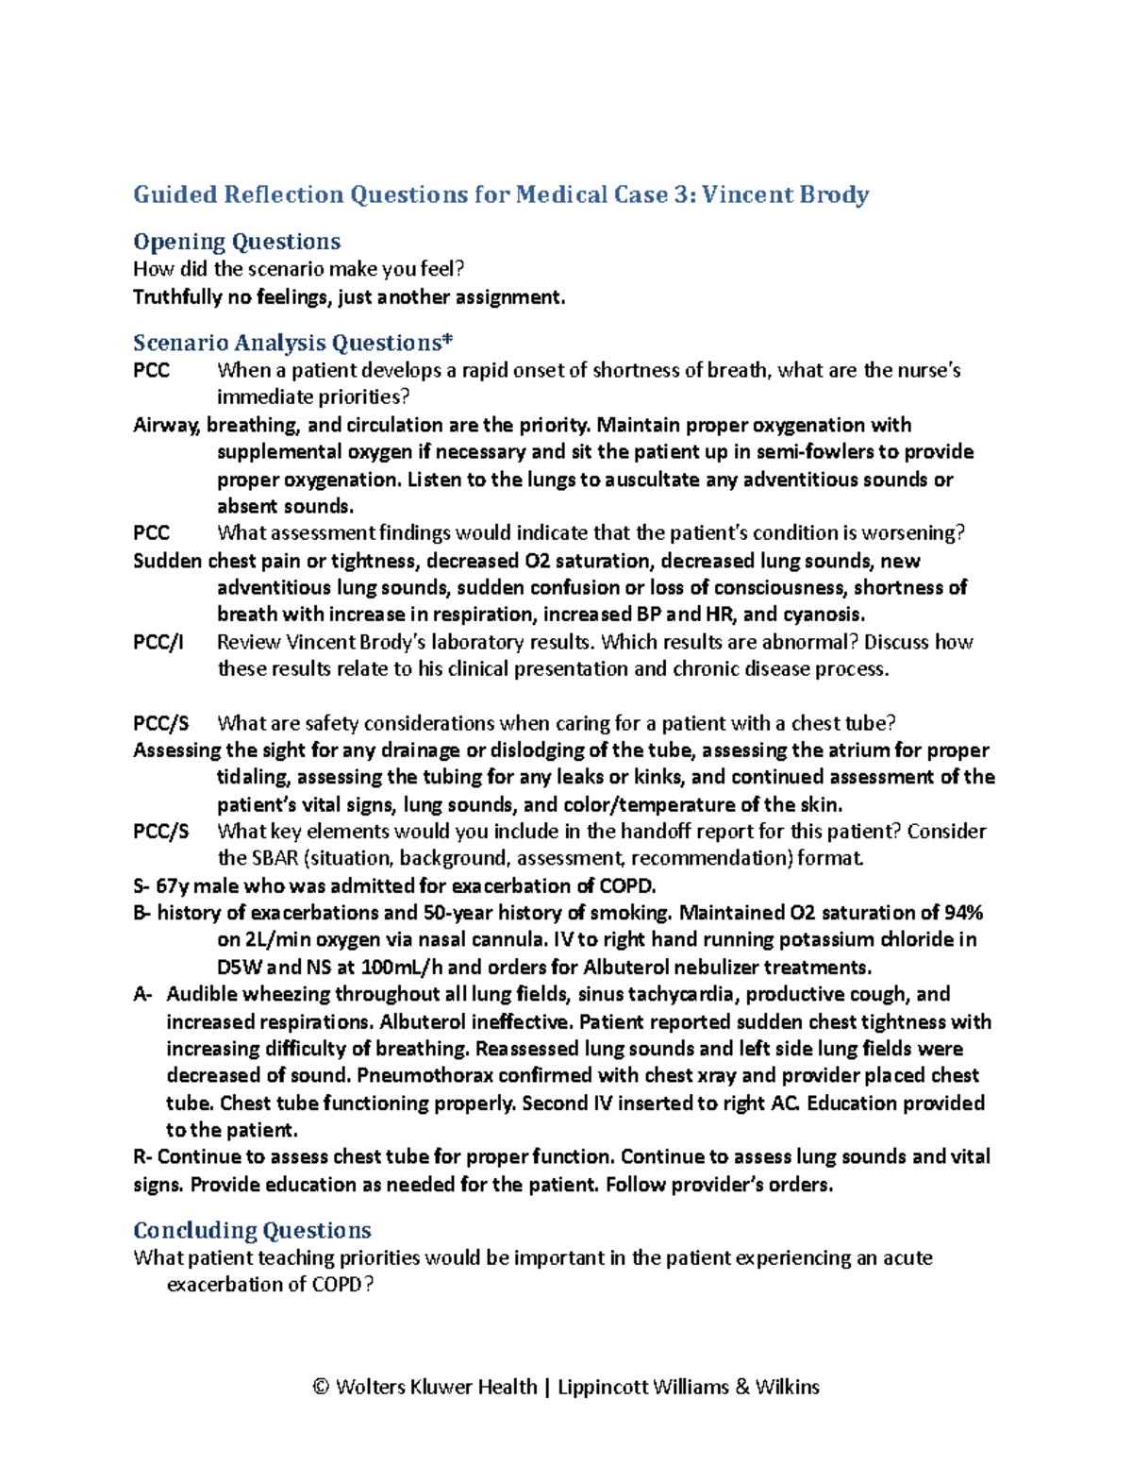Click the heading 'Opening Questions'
(237, 242)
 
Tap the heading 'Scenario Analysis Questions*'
(293, 343)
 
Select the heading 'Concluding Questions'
(252, 1230)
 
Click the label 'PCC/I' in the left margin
(158, 642)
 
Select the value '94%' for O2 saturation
(964, 913)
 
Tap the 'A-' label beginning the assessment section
(142, 994)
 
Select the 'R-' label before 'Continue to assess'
(142, 1157)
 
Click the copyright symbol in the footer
(321, 1387)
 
